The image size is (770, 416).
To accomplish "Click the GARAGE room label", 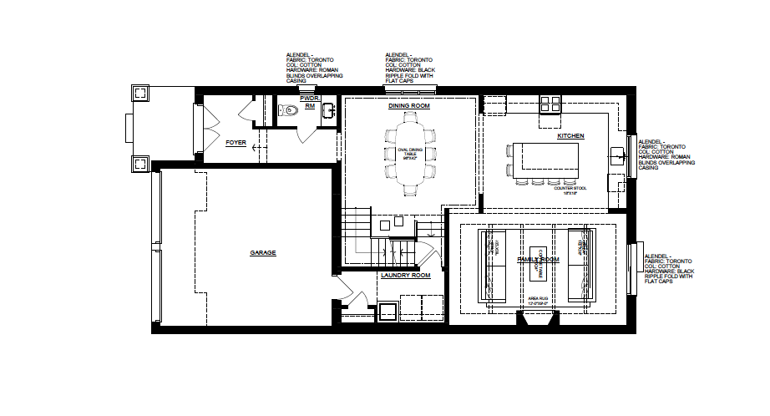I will [x=262, y=252].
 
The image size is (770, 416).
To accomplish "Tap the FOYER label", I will [x=236, y=143].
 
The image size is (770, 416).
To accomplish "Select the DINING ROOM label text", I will [x=409, y=106].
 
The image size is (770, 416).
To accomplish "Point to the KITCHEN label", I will [x=570, y=136].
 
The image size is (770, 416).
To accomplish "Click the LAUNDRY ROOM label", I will [x=405, y=275].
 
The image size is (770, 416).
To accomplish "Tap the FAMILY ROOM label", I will [x=537, y=260].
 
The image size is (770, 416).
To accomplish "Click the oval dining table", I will [x=410, y=157].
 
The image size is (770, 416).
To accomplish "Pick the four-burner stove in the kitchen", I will [x=550, y=104].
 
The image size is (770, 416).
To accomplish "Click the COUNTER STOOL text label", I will [x=570, y=188].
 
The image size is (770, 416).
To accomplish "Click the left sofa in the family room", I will [x=491, y=264].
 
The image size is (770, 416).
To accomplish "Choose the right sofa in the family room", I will [x=582, y=264].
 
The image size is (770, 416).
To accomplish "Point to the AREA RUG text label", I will [x=537, y=297].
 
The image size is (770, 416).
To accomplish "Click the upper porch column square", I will [x=139, y=94].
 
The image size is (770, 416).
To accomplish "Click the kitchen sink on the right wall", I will [x=618, y=155].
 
